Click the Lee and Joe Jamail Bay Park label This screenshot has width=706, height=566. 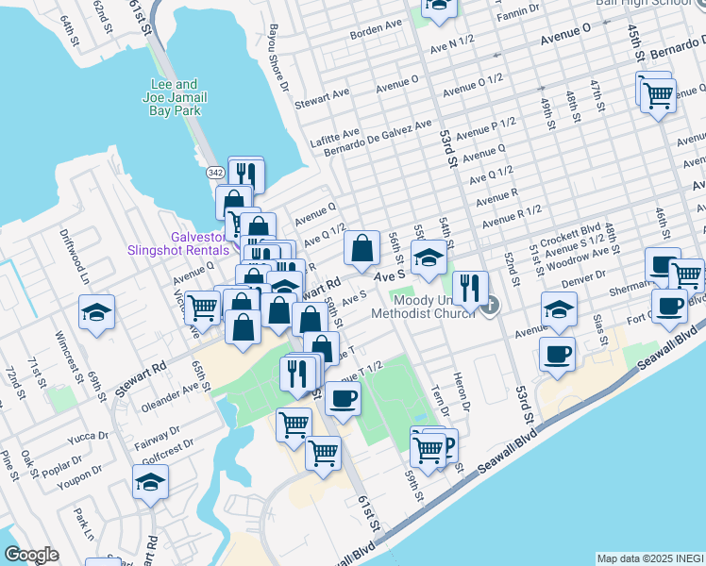tap(176, 97)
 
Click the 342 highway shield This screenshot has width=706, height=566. tap(215, 172)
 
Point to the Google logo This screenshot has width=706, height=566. tap(31, 555)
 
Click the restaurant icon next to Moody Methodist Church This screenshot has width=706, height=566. tap(470, 288)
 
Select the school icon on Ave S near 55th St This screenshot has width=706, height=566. tap(429, 256)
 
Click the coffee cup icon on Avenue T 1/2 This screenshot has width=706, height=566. tap(343, 396)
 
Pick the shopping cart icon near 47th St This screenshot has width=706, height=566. tap(658, 93)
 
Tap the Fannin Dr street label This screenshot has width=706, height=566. tap(520, 9)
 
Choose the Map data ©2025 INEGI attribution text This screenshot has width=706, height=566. tap(649, 558)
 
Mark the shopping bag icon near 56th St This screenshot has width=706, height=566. tap(361, 248)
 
